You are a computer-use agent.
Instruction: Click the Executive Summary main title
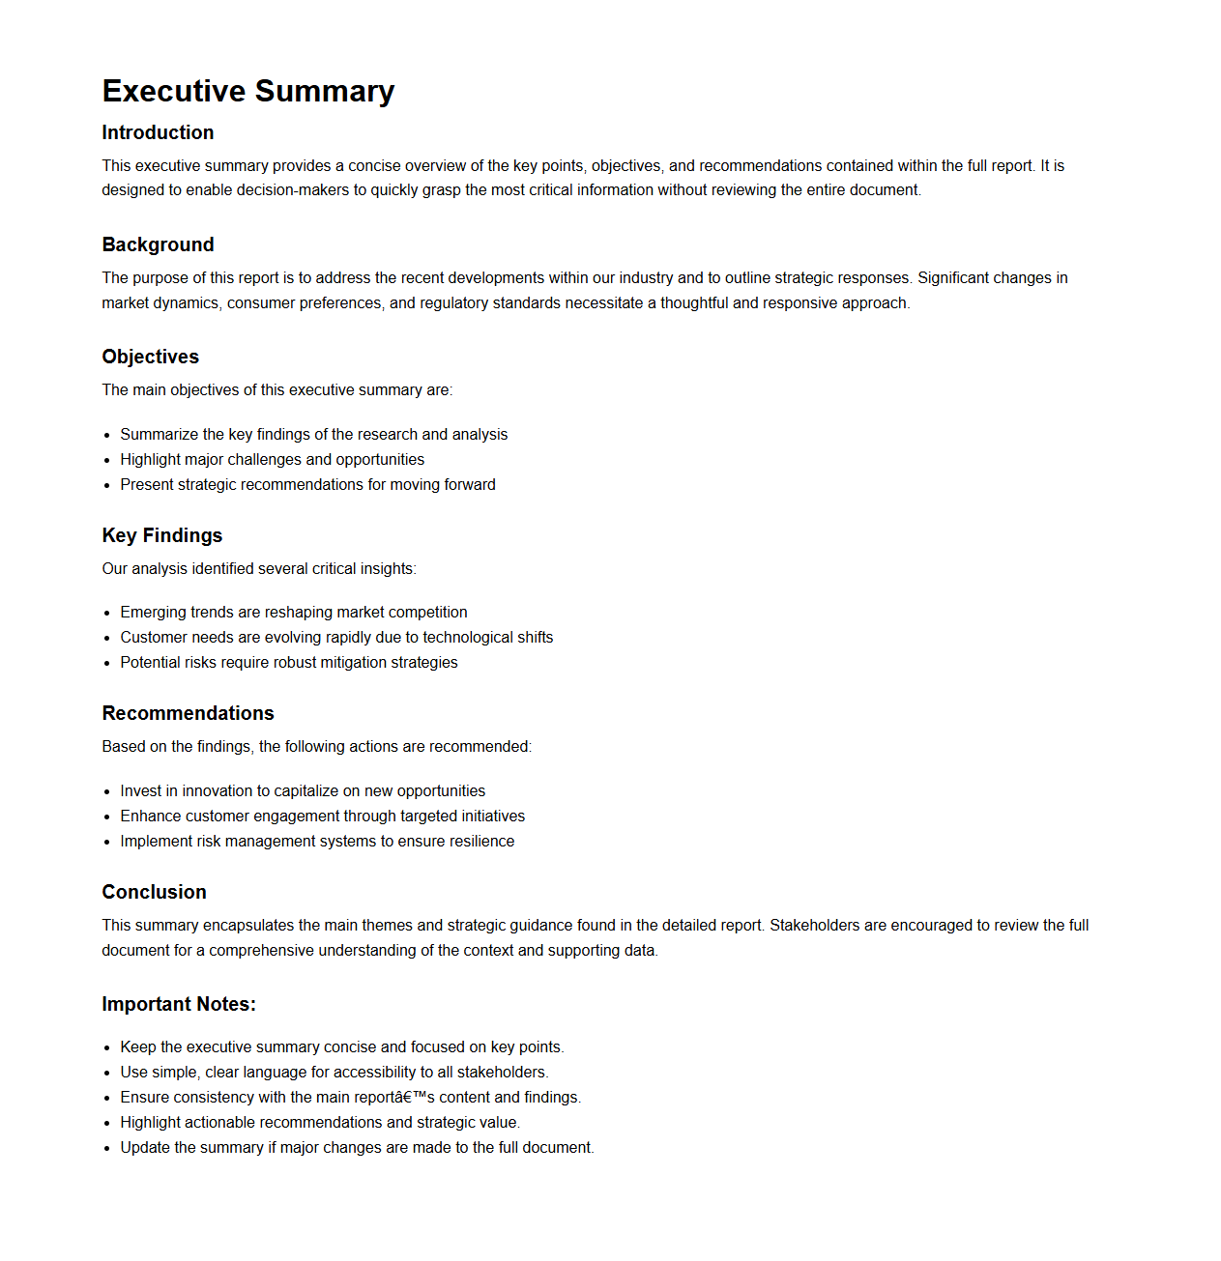(248, 91)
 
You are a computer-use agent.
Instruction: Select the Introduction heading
(158, 132)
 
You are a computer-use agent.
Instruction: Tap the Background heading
(158, 244)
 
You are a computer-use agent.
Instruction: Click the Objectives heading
(150, 357)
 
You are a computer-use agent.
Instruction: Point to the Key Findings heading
(161, 535)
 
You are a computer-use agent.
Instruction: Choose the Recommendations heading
(188, 713)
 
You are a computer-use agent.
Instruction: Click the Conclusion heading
(154, 892)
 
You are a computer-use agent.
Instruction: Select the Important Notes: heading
(179, 1004)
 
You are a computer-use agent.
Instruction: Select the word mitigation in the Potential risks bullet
(342, 663)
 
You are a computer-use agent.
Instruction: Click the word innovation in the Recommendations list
(217, 791)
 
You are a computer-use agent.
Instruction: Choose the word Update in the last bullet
(145, 1148)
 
